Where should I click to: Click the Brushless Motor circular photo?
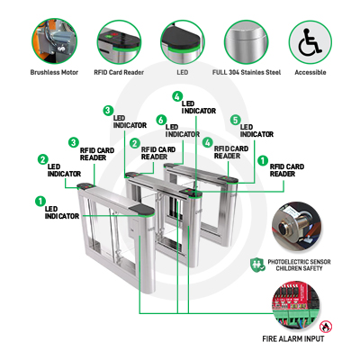pyautogui.click(x=54, y=41)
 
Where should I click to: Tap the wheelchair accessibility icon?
pyautogui.click(x=310, y=42)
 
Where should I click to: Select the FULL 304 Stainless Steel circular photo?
pyautogui.click(x=247, y=42)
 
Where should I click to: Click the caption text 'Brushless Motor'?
pyautogui.click(x=54, y=72)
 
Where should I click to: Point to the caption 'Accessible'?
pyautogui.click(x=310, y=72)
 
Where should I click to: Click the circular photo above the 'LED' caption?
pyautogui.click(x=183, y=42)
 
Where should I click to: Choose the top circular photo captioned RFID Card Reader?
pyautogui.click(x=119, y=42)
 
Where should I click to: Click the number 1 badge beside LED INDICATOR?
pyautogui.click(x=40, y=202)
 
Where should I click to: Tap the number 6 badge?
pyautogui.click(x=161, y=120)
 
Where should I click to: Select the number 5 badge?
pyautogui.click(x=236, y=120)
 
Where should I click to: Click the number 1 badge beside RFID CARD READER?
pyautogui.click(x=263, y=160)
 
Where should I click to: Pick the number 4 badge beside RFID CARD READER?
pyautogui.click(x=208, y=142)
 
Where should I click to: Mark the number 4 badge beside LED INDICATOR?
pyautogui.click(x=177, y=96)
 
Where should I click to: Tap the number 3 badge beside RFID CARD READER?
pyautogui.click(x=74, y=142)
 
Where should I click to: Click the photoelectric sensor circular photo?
pyautogui.click(x=297, y=226)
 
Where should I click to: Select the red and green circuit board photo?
pyautogui.click(x=296, y=306)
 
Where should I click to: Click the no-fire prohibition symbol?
pyautogui.click(x=326, y=327)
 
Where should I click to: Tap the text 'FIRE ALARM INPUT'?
pyautogui.click(x=293, y=339)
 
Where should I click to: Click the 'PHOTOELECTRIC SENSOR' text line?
pyautogui.click(x=299, y=262)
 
